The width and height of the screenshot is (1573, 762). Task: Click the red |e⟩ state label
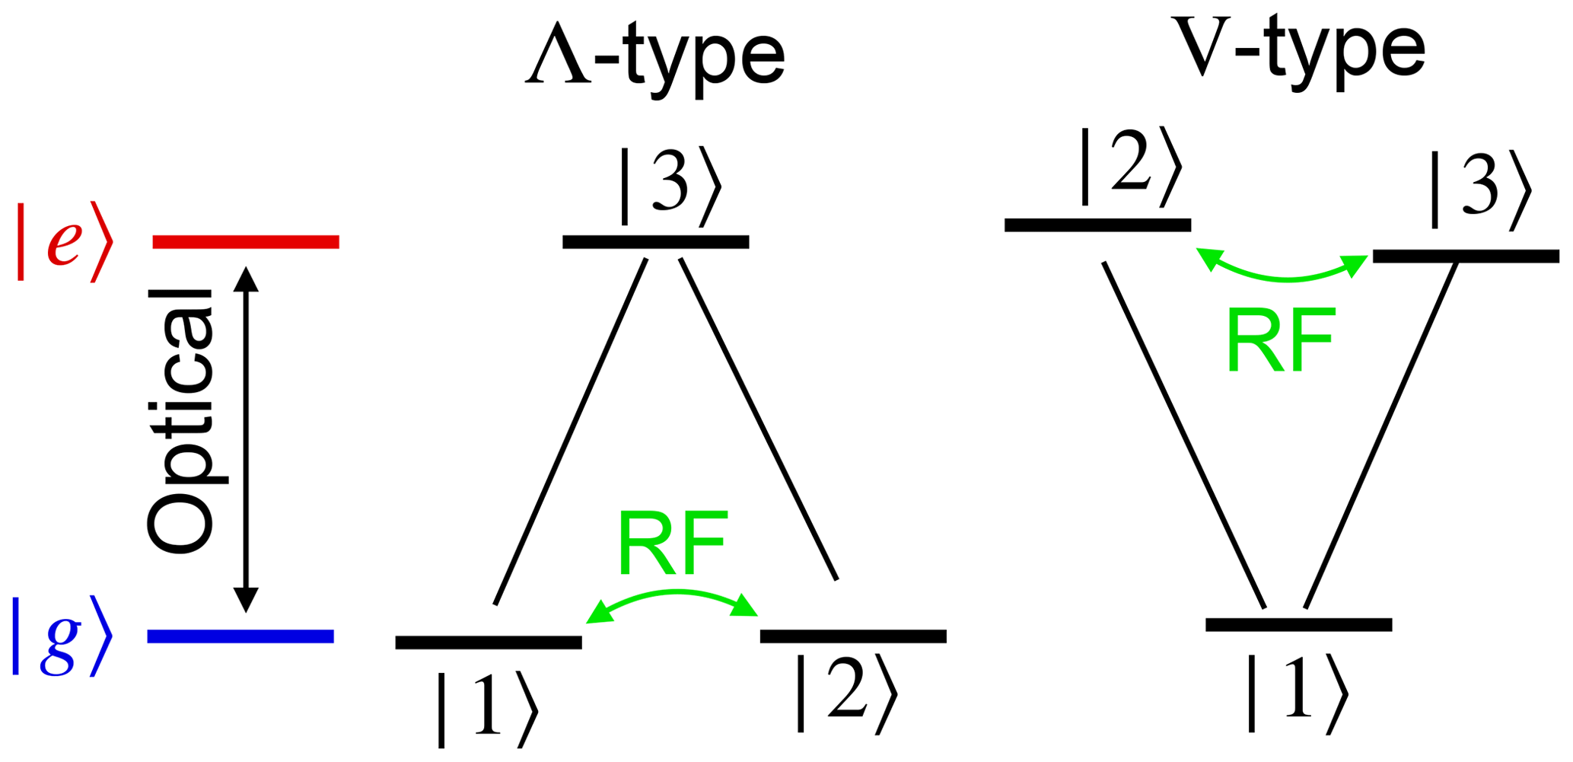(65, 242)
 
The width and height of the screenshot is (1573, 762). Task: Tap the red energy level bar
(245, 242)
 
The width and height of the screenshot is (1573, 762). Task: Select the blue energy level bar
(240, 636)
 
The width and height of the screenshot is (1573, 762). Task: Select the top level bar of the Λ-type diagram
(655, 242)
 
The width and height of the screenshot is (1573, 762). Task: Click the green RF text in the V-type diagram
(1281, 340)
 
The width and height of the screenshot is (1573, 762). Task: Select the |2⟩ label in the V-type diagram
(1130, 167)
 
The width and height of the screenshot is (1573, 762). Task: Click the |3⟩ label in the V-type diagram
(1479, 190)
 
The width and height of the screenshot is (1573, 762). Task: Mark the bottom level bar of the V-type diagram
(1298, 625)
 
